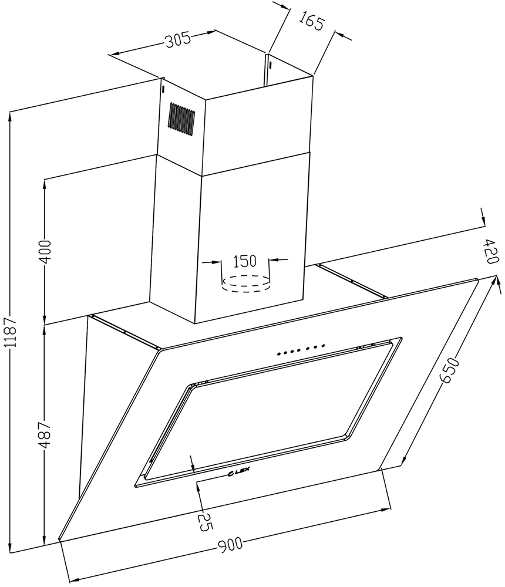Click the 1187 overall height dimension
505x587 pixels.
[x=12, y=332]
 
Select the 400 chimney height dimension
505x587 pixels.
[x=45, y=252]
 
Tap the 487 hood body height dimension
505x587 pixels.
[x=45, y=435]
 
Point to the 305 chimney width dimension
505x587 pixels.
[x=179, y=39]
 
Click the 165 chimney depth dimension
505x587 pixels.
[x=311, y=23]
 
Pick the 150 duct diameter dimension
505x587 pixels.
[x=245, y=261]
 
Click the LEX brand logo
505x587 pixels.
[x=239, y=473]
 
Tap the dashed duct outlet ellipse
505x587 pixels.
[x=245, y=284]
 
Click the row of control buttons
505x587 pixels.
[x=301, y=349]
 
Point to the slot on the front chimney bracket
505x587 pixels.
[x=163, y=89]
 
